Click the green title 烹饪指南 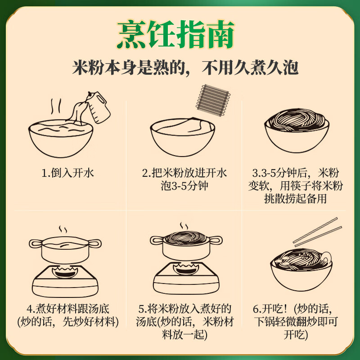pos(176,35)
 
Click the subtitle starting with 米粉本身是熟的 pos(185,68)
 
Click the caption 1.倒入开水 pos(67,173)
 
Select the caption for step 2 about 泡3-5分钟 pos(184,179)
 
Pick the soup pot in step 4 pos(64,249)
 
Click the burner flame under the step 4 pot pos(64,272)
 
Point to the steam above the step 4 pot pos(63,230)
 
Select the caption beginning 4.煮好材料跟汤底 pos(67,315)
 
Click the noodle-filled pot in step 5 pos(185,245)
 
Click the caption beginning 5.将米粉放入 pos(184,321)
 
